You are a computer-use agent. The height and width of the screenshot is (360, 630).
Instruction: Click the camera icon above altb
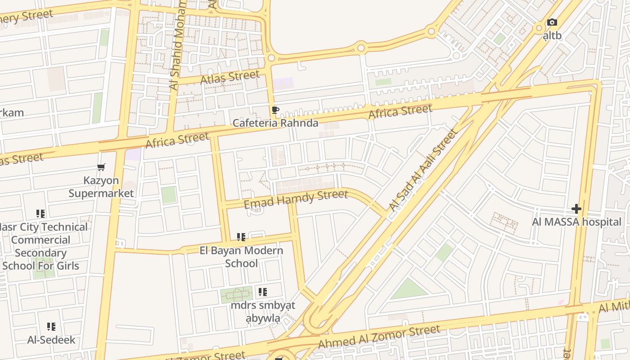tap(552, 22)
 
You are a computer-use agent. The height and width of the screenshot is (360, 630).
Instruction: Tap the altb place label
tap(552, 35)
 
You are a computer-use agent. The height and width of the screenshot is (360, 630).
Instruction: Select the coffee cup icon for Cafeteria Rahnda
tap(275, 110)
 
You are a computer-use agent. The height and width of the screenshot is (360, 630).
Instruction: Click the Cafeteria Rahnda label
tap(275, 123)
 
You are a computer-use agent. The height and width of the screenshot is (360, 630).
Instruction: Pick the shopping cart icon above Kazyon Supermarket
tap(101, 167)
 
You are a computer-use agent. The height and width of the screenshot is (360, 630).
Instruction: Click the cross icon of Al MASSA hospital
tap(576, 209)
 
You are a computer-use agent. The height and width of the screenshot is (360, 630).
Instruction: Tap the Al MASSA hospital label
tap(576, 222)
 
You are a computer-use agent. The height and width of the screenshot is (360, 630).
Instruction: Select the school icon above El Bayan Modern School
tap(241, 237)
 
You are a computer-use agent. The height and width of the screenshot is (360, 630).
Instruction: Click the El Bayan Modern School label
tap(241, 256)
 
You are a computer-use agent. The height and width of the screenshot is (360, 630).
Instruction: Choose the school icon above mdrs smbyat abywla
tap(263, 292)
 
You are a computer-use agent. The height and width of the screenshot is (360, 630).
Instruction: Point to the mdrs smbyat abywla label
tap(263, 311)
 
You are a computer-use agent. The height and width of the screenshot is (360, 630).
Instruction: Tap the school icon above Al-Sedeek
tap(51, 327)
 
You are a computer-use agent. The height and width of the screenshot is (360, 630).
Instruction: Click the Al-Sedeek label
tap(51, 340)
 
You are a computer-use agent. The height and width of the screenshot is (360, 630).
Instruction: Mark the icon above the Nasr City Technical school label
tap(40, 213)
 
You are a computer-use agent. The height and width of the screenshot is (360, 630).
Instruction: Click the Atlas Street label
tap(230, 77)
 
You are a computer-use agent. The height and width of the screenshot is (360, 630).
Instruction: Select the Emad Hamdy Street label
tap(296, 199)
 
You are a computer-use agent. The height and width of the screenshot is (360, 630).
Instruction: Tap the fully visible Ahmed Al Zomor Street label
tap(378, 337)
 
